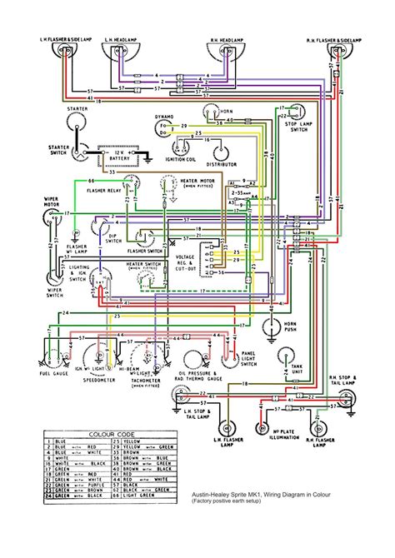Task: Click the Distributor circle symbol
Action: [x=219, y=150]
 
